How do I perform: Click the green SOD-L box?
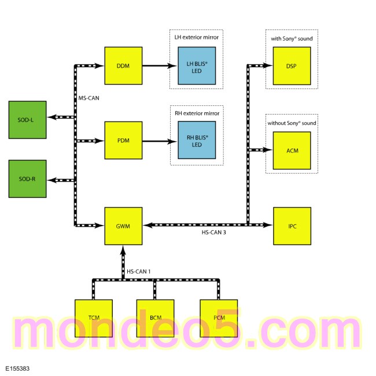[x=28, y=120]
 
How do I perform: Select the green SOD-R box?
[x=28, y=179]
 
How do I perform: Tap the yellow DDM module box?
[x=123, y=66]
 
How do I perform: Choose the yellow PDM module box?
[x=123, y=141]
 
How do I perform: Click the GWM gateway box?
[x=123, y=226]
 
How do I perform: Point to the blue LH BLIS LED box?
[x=197, y=66]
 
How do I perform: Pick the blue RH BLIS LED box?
[x=197, y=140]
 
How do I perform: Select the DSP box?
[x=292, y=66]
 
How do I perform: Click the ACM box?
[x=292, y=150]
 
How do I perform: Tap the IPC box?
[x=292, y=226]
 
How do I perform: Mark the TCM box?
[x=94, y=319]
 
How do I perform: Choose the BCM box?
[x=156, y=319]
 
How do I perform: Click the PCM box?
[x=219, y=319]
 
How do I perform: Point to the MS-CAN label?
[x=89, y=98]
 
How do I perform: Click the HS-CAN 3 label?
[x=213, y=233]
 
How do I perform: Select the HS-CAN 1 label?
[x=139, y=271]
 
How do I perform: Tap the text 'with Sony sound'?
[x=292, y=39]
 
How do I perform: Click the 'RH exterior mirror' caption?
[x=197, y=113]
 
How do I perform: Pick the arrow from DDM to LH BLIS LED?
[x=160, y=65]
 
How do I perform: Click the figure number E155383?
[x=17, y=368]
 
